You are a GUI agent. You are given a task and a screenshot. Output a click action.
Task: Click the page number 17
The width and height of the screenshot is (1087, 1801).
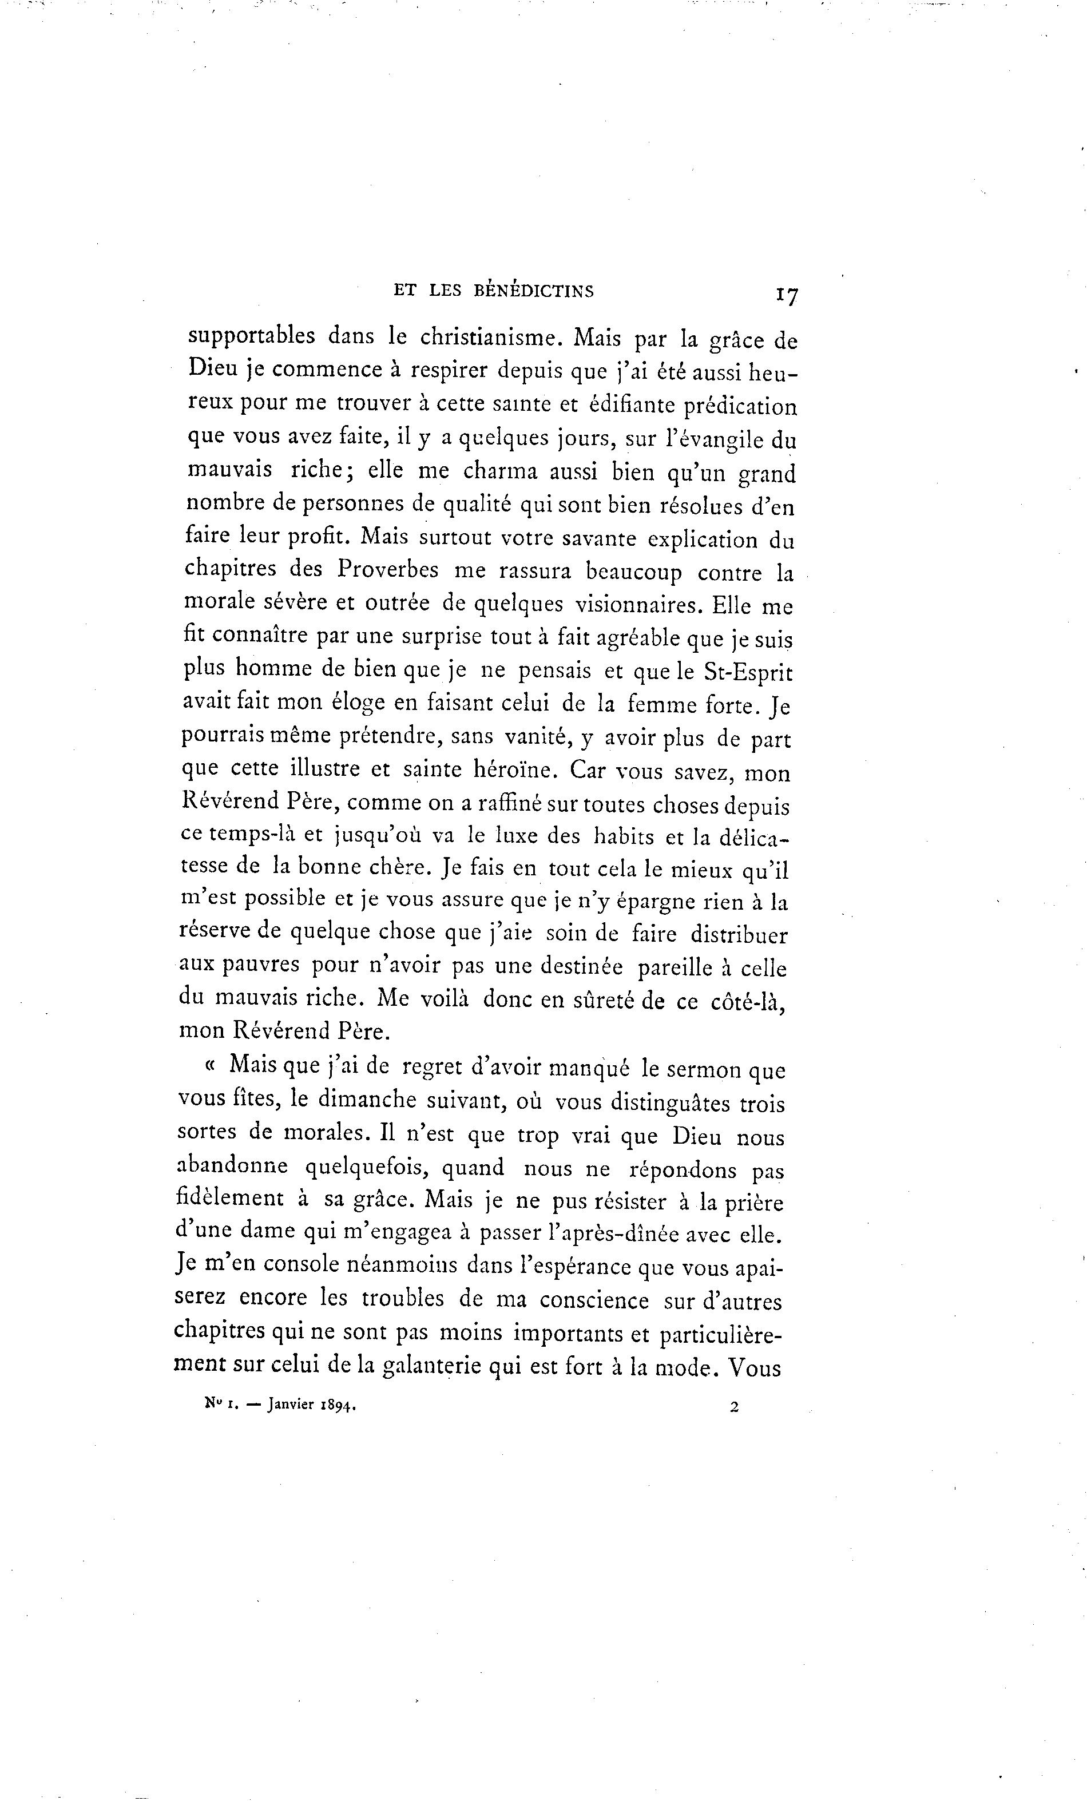click(787, 295)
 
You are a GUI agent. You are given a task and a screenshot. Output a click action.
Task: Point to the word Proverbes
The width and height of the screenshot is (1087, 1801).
click(387, 569)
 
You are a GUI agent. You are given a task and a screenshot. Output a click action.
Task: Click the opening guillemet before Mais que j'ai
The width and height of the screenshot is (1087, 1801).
click(211, 1066)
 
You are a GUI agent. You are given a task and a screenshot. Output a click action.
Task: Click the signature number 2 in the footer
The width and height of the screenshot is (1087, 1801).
click(733, 1406)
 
